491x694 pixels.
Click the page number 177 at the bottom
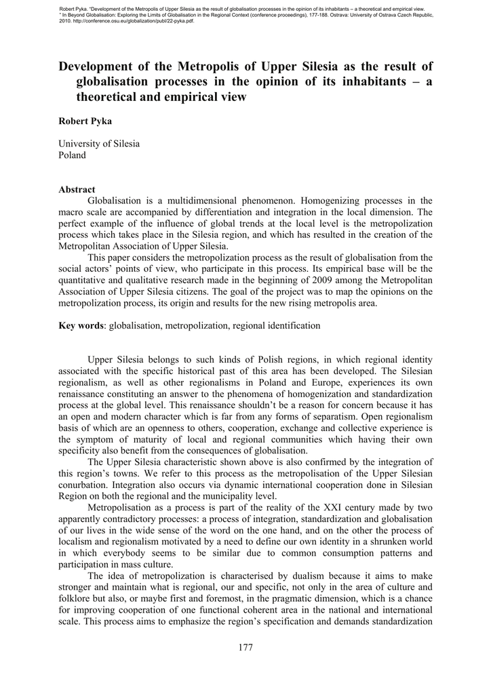(245, 648)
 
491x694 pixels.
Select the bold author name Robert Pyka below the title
(85, 121)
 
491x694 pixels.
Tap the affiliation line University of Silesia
(99, 144)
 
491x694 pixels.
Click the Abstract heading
(77, 190)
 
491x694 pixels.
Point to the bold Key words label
(81, 326)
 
